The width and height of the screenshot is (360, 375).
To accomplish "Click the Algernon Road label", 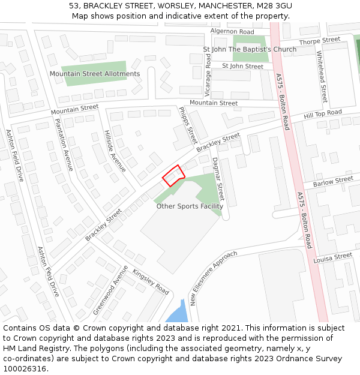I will pyautogui.click(x=232, y=31).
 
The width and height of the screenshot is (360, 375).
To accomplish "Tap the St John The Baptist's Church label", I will pyautogui.click(x=250, y=49).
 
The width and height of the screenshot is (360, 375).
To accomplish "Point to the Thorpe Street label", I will pyautogui.click(x=320, y=41).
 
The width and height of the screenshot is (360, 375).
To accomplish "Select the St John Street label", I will pyautogui.click(x=242, y=66).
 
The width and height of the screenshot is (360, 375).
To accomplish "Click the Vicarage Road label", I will pyautogui.click(x=208, y=75).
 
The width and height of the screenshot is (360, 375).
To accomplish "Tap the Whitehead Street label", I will pyautogui.click(x=322, y=77).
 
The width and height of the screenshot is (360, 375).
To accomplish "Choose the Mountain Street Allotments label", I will pyautogui.click(x=95, y=74).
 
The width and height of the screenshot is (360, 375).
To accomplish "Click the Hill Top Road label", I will pyautogui.click(x=323, y=113).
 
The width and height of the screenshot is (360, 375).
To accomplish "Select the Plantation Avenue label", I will pyautogui.click(x=63, y=145).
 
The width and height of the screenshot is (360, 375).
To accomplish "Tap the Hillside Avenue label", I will pyautogui.click(x=115, y=151).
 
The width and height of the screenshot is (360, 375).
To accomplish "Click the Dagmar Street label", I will pyautogui.click(x=218, y=179).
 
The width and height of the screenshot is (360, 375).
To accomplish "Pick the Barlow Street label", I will pyautogui.click(x=333, y=180).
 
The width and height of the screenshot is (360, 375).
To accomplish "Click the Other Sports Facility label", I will pyautogui.click(x=190, y=206).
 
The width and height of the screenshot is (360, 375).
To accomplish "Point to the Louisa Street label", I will pyautogui.click(x=333, y=257).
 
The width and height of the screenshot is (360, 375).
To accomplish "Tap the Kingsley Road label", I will pyautogui.click(x=151, y=281).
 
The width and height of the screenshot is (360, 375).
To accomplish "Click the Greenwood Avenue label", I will pyautogui.click(x=110, y=290).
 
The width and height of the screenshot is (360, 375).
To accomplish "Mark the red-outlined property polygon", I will pyautogui.click(x=173, y=176).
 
